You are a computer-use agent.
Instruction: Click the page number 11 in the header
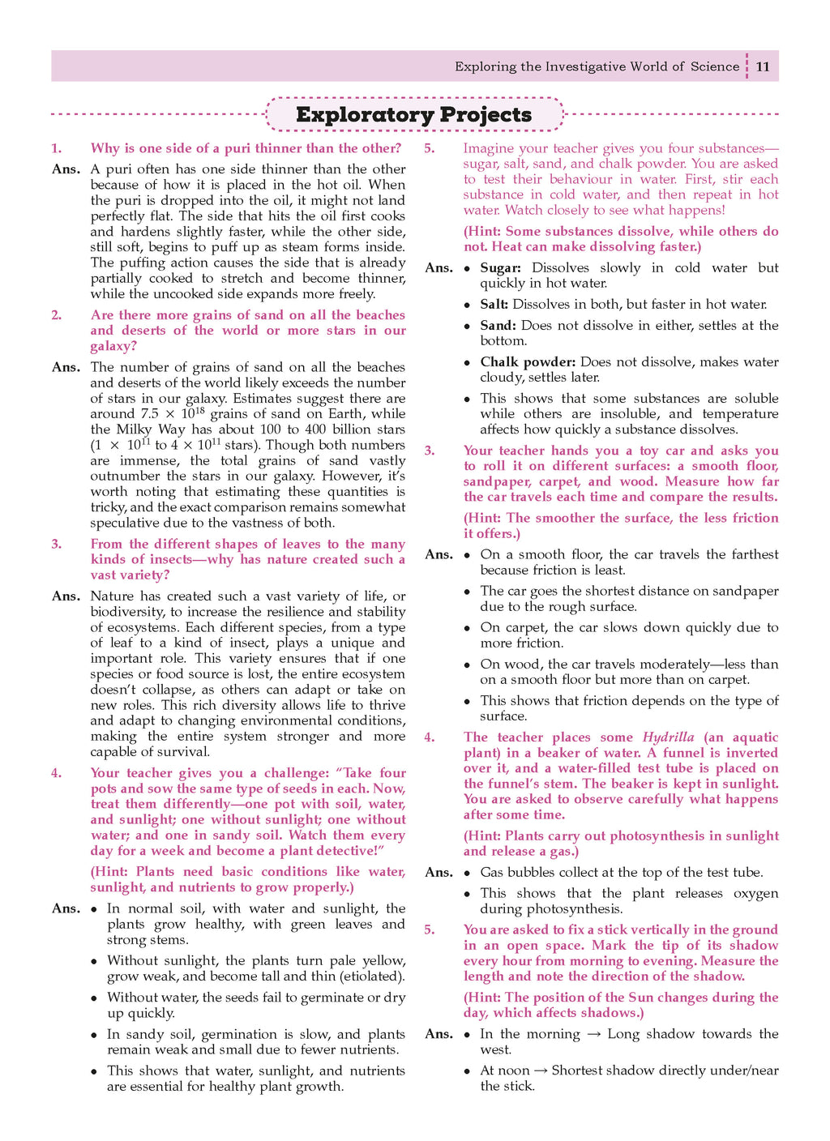(763, 66)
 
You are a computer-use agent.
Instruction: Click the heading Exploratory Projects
(413, 114)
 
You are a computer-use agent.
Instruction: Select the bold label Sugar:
(500, 267)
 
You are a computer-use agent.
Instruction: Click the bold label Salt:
(494, 305)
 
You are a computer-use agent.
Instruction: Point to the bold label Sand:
(498, 325)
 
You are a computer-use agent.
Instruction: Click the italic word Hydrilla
(668, 737)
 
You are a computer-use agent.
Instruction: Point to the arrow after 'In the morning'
(593, 1034)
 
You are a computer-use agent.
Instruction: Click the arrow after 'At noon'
(539, 1070)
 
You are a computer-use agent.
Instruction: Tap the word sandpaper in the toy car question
(495, 481)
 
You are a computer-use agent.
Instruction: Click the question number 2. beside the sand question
(56, 315)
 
